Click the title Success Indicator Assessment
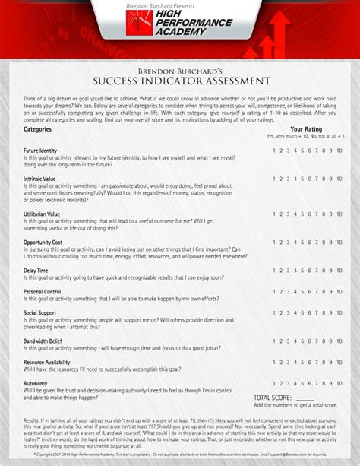click(179, 81)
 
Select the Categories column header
click(38, 129)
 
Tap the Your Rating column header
click(306, 129)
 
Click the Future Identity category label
click(40, 151)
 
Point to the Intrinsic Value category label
click(39, 179)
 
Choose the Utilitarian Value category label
click(42, 214)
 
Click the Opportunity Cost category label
click(43, 242)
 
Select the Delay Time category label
click(36, 270)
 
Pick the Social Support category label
click(40, 312)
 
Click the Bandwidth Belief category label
click(44, 341)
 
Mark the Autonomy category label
click(36, 383)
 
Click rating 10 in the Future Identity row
click(339, 151)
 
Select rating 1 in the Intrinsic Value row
click(273, 179)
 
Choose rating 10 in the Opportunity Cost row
click(339, 242)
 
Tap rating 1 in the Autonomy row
click(273, 383)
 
